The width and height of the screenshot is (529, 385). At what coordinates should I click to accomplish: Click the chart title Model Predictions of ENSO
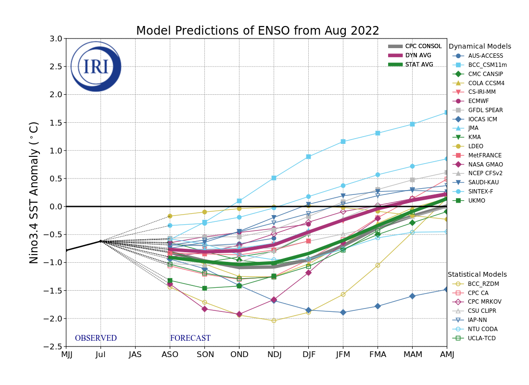[x=257, y=31]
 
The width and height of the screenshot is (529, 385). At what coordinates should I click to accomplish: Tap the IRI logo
[x=96, y=66]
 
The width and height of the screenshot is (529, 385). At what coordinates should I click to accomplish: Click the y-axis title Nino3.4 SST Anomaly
[x=34, y=192]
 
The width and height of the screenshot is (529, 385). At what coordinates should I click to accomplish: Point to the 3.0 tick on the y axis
[x=56, y=38]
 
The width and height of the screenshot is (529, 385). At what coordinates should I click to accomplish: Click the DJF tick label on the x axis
[x=308, y=355]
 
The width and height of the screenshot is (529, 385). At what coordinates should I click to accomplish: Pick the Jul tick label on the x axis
[x=101, y=355]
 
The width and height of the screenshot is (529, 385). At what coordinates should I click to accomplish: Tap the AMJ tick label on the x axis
[x=447, y=355]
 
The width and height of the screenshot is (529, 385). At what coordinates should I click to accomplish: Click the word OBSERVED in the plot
[x=96, y=338]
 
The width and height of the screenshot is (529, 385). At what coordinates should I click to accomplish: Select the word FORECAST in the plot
[x=190, y=338]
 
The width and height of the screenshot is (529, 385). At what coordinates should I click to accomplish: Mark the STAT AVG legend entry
[x=419, y=64]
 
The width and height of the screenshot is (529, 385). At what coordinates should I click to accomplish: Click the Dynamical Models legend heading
[x=479, y=47]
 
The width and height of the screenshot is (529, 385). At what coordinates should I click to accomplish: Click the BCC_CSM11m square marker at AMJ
[x=447, y=112]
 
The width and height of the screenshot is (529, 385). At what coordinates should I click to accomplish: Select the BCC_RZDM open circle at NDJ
[x=274, y=321]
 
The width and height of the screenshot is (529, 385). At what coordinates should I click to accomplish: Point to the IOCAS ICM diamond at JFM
[x=343, y=312]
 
